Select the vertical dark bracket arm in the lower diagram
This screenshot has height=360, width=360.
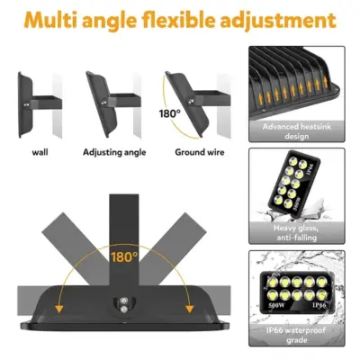tap(125, 225)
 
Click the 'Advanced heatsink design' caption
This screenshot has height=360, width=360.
tap(300, 131)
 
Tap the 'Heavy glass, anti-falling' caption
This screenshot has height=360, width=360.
tap(300, 234)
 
